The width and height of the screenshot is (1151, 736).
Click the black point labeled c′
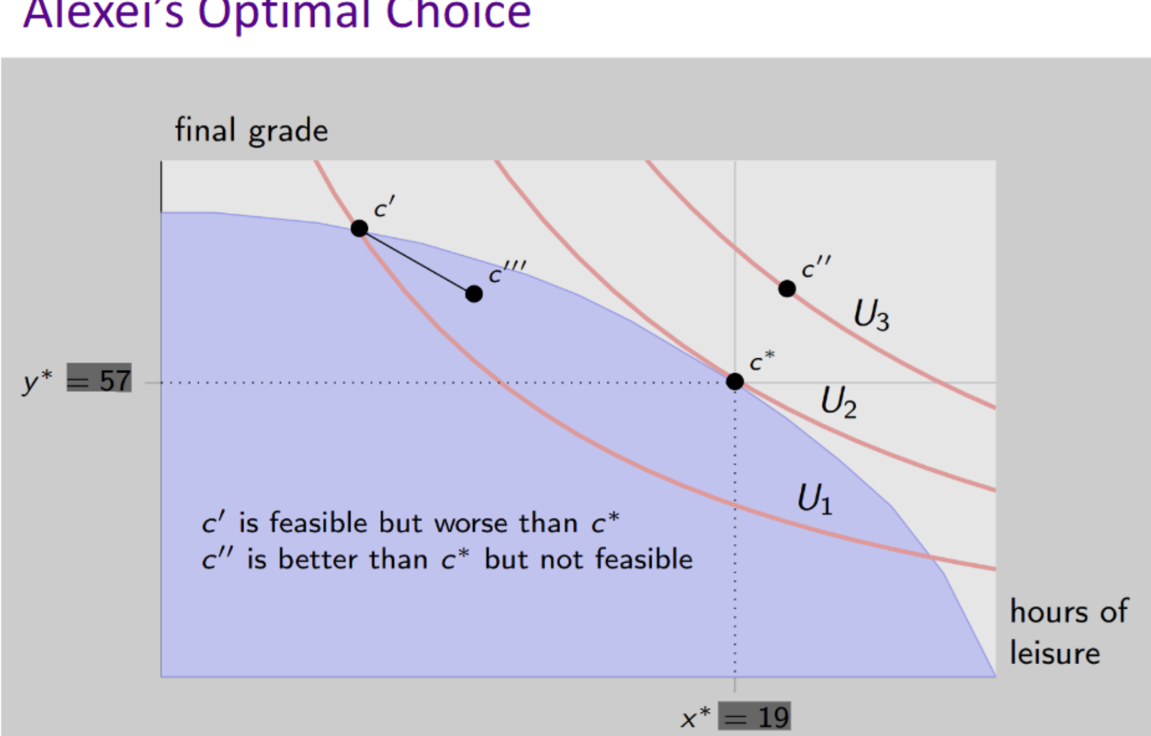pyautogui.click(x=359, y=228)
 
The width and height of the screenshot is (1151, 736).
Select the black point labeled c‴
pyautogui.click(x=473, y=293)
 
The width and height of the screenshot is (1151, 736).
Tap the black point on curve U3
pyautogui.click(x=787, y=289)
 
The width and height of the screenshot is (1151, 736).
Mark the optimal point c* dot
pyautogui.click(x=735, y=381)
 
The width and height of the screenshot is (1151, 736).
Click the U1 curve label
pyautogui.click(x=814, y=499)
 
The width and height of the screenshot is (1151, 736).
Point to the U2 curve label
pyautogui.click(x=838, y=402)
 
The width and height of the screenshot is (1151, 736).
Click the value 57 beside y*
pyautogui.click(x=115, y=380)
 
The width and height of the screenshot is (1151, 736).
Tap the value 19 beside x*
pyautogui.click(x=773, y=717)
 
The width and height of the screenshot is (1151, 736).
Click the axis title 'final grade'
pyautogui.click(x=251, y=131)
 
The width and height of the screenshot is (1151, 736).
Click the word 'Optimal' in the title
pyautogui.click(x=284, y=13)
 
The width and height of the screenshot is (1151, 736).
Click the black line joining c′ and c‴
pyautogui.click(x=416, y=261)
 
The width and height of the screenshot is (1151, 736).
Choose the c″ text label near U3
pyautogui.click(x=815, y=268)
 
